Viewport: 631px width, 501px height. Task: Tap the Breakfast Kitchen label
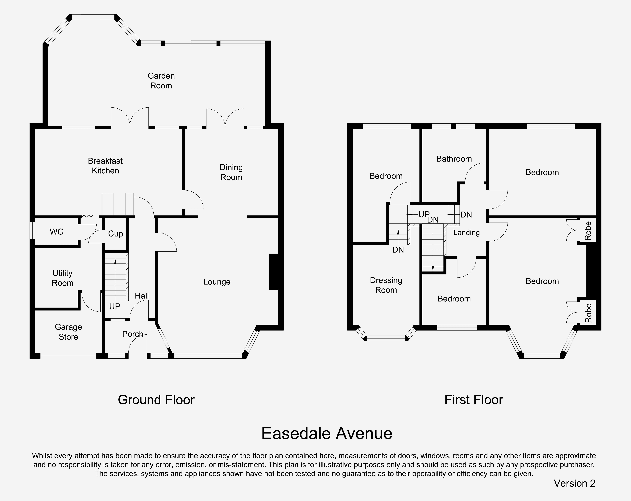[105, 166]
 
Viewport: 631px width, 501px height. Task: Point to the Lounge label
[217, 282]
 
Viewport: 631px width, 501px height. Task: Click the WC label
[57, 232]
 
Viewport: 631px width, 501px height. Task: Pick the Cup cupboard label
[116, 234]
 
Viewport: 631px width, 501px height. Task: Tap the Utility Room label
[63, 278]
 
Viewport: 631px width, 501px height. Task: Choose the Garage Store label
[69, 332]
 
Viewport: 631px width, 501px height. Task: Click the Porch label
[133, 334]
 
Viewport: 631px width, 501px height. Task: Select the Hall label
[142, 296]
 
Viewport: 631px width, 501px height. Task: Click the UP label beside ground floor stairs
[115, 306]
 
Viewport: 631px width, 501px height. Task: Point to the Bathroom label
[454, 159]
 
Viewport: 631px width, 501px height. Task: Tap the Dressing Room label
[386, 285]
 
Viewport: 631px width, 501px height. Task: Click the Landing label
[467, 233]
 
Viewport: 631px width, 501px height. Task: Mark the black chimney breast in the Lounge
[273, 272]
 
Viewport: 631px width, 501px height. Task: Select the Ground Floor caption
[156, 400]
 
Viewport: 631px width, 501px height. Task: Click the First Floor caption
[474, 400]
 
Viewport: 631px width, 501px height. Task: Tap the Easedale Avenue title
[327, 433]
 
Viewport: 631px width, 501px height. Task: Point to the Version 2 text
[574, 483]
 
